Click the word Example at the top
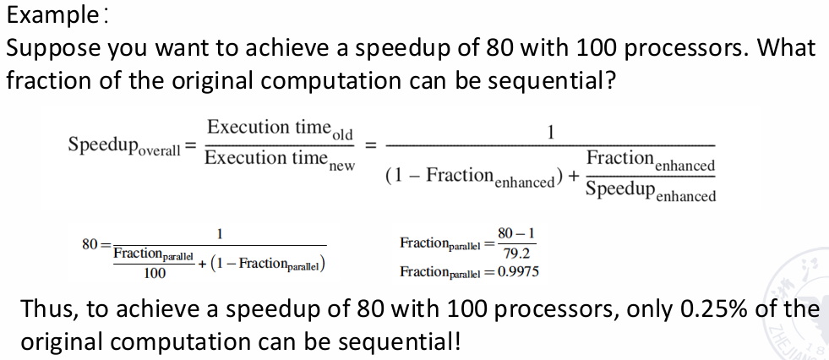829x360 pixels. coord(50,16)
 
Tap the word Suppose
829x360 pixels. coord(53,49)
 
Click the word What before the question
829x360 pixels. coord(787,47)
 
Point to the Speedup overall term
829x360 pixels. coord(124,145)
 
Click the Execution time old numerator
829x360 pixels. coord(280,128)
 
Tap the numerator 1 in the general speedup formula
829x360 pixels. coord(550,132)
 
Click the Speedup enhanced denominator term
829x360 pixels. coord(651,191)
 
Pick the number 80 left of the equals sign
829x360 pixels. coord(90,244)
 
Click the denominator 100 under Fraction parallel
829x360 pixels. coord(155,273)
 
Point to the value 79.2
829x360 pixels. coord(516,254)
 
